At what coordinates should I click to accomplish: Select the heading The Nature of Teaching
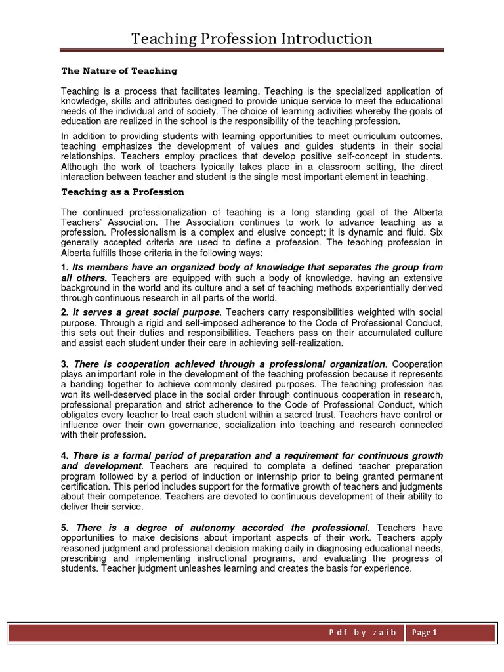[119, 71]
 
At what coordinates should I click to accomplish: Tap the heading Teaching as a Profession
[123, 192]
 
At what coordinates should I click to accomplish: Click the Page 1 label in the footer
[425, 633]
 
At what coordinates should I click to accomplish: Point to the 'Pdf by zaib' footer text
[363, 633]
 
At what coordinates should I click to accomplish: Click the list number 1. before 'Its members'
[64, 268]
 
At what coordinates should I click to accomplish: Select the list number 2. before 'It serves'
[64, 312]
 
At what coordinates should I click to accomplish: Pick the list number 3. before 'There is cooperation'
[64, 364]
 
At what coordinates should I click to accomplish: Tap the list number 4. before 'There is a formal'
[64, 456]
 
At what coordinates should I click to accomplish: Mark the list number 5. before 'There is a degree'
[64, 528]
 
